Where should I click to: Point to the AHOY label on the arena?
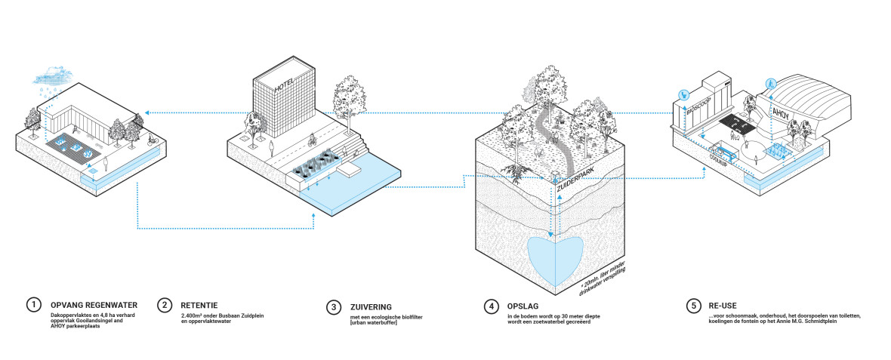pos(782,112)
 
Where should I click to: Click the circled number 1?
pos(32,306)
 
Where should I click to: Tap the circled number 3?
pos(334,306)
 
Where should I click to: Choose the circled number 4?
pos(492,306)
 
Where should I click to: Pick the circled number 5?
pos(693,306)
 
